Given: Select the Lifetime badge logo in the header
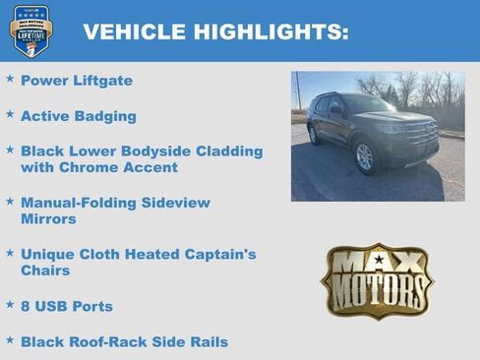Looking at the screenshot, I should click(x=30, y=30).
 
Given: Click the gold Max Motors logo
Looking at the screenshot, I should click(x=377, y=280).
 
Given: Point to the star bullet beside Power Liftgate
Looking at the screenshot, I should click(x=10, y=78).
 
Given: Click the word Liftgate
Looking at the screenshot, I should click(x=100, y=80).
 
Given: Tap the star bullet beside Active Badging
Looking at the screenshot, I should click(x=10, y=114).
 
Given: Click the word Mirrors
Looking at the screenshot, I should click(x=48, y=218).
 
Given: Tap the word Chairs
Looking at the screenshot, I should click(x=45, y=270).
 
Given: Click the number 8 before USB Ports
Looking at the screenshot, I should click(x=26, y=306).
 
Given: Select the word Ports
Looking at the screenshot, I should click(x=91, y=306).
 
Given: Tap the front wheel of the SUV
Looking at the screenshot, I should click(x=364, y=155).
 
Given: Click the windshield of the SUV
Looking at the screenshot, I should click(x=368, y=104).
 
